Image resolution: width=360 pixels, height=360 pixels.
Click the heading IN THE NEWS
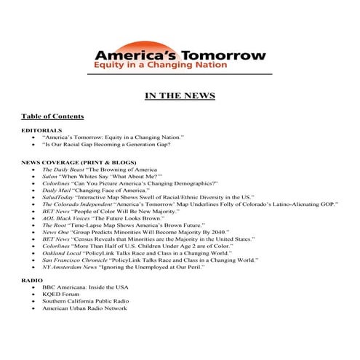click(180, 96)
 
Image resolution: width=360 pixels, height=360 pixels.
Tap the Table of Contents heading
click(52, 116)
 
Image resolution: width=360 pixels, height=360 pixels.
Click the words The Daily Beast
click(61, 169)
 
